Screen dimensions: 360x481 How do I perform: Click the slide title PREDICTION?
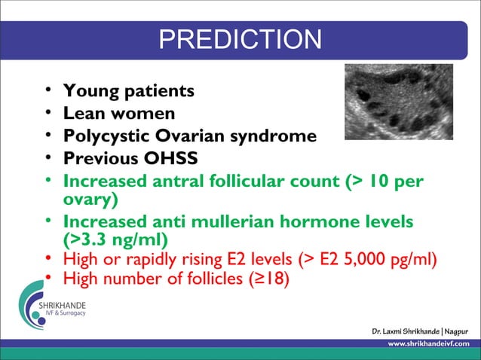point(240,39)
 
